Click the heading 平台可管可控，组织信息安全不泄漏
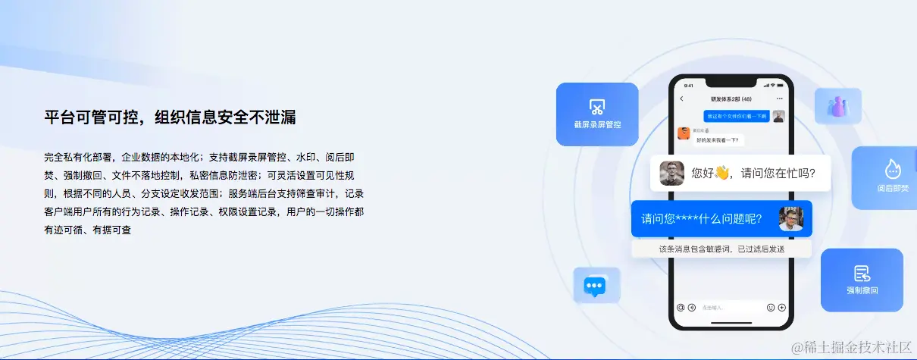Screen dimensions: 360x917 pyautogui.click(x=170, y=117)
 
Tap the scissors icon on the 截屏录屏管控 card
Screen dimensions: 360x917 pyautogui.click(x=596, y=106)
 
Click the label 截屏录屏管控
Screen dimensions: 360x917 pyautogui.click(x=597, y=124)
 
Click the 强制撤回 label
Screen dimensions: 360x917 pyautogui.click(x=862, y=290)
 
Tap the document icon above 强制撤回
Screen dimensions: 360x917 pyautogui.click(x=862, y=273)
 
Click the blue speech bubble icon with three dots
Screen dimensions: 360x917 pyautogui.click(x=595, y=286)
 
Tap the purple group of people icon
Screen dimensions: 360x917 pyautogui.click(x=837, y=107)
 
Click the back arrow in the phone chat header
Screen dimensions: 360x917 pyautogui.click(x=681, y=99)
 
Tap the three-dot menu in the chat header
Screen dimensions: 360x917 pyautogui.click(x=780, y=99)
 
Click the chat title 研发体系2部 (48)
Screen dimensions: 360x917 pyautogui.click(x=731, y=99)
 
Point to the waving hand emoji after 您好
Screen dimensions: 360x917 pyautogui.click(x=721, y=173)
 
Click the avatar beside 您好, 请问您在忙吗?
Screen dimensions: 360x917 pyautogui.click(x=671, y=173)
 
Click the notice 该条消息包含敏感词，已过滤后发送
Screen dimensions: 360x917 pyautogui.click(x=721, y=249)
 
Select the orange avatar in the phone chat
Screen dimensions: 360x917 pyautogui.click(x=683, y=133)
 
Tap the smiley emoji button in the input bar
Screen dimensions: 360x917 pyautogui.click(x=771, y=308)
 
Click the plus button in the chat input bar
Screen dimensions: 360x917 pyautogui.click(x=782, y=308)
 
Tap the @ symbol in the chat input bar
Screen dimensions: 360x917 pyautogui.click(x=681, y=308)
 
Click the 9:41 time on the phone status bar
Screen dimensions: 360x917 pyautogui.click(x=688, y=86)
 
